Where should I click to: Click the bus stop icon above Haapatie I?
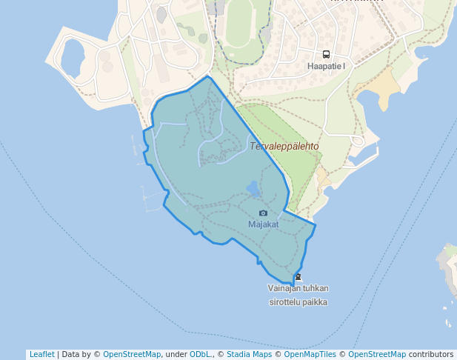pos(325,54)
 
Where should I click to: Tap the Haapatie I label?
pos(326,66)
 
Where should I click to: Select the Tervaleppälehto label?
pos(284,146)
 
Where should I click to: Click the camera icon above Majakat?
pos(263,213)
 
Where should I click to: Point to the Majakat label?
pos(263,224)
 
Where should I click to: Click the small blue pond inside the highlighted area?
pos(253,189)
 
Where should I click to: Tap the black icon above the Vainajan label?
pos(298,277)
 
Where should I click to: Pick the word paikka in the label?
pos(314,302)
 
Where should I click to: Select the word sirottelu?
pos(284,302)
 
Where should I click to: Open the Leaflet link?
pos(41,354)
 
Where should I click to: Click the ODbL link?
pos(200,354)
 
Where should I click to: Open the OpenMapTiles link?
pos(310,354)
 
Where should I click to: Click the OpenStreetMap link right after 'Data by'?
pos(132,354)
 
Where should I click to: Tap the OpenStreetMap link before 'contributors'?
pos(377,354)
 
